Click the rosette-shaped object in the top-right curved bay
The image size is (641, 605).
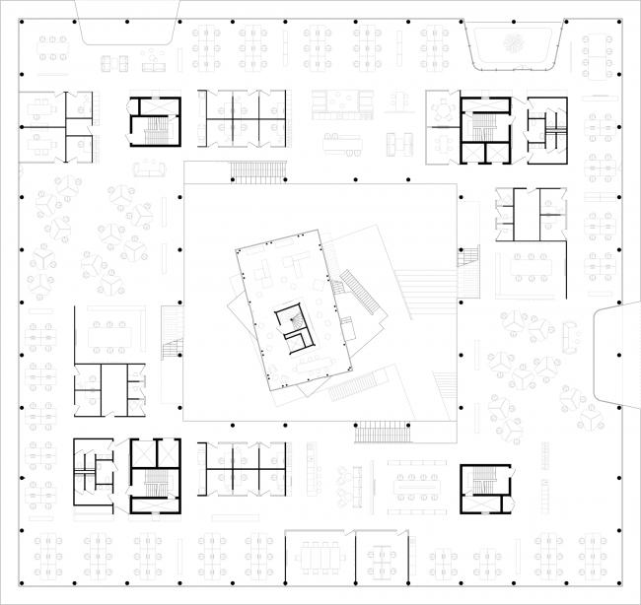click(513, 42)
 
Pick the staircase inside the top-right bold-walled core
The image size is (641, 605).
click(482, 126)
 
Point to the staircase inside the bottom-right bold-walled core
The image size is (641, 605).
click(483, 480)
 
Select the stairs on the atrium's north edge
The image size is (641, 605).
click(258, 171)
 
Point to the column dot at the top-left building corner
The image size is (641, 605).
click(22, 21)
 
